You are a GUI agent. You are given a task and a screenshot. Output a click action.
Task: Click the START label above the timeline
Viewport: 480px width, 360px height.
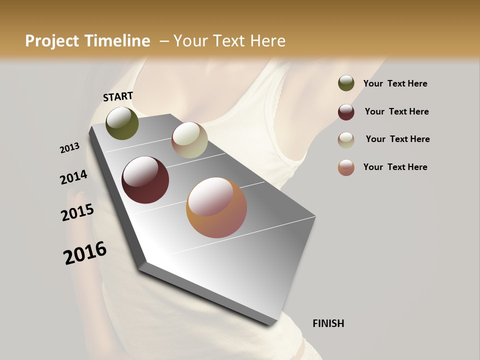(118, 96)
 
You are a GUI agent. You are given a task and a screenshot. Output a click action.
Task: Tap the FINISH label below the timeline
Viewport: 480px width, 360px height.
(328, 323)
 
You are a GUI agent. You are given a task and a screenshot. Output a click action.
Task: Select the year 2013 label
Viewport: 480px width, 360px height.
(70, 148)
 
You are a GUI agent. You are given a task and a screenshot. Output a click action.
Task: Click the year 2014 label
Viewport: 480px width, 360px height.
(74, 177)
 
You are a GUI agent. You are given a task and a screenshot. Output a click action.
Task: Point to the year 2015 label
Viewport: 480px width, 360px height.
(77, 212)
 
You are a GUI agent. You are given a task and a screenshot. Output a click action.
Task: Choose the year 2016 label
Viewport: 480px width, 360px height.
(85, 252)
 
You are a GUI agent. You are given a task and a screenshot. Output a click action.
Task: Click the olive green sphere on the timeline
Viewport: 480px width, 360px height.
(122, 123)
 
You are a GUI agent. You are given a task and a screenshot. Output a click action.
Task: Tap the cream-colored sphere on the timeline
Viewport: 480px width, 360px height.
(189, 140)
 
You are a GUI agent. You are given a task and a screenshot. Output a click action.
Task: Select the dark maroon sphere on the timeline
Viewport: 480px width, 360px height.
(145, 180)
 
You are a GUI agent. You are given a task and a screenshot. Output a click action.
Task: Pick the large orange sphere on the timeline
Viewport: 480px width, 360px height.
(216, 207)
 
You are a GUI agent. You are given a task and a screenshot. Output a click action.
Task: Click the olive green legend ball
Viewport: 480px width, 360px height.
(346, 83)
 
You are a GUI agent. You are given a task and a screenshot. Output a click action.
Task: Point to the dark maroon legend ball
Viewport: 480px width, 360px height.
(346, 112)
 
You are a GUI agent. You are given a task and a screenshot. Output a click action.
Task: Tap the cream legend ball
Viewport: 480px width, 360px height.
(346, 140)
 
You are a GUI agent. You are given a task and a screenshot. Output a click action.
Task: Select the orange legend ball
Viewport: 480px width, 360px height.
(346, 167)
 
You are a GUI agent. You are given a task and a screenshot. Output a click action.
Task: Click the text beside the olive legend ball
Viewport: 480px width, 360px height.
(395, 84)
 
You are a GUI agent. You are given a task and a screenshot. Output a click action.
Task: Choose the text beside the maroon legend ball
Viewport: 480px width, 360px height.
(397, 111)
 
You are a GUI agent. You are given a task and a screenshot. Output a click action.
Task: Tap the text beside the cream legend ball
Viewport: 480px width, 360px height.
(398, 139)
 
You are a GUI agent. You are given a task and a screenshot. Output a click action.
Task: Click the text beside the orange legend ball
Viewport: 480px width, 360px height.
(395, 167)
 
